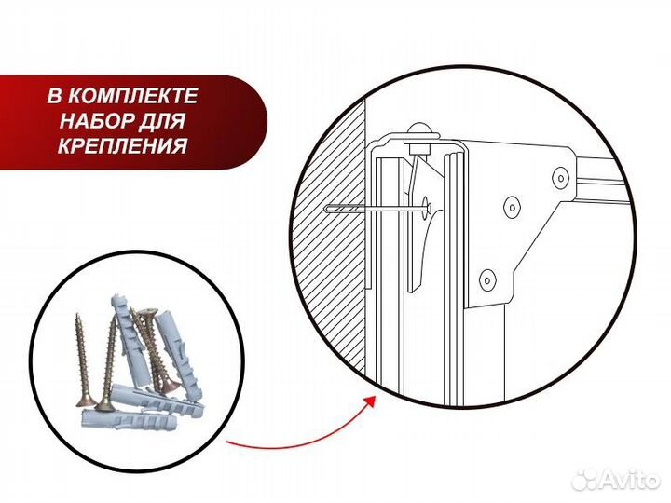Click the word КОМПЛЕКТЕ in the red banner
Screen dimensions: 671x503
(133, 96)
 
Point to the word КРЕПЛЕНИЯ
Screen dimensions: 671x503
(123, 146)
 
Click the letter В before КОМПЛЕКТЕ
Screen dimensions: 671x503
(54, 96)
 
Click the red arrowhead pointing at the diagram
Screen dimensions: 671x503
(370, 402)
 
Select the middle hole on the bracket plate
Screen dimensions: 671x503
(512, 207)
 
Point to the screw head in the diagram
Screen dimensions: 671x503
(427, 208)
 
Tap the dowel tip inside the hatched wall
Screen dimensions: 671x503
(329, 210)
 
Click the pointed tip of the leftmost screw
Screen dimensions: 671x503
(77, 316)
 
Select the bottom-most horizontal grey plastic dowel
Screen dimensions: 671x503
(129, 418)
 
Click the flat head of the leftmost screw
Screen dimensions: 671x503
(86, 401)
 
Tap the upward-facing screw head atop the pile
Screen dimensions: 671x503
(148, 315)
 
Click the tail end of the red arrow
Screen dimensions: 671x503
(226, 441)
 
